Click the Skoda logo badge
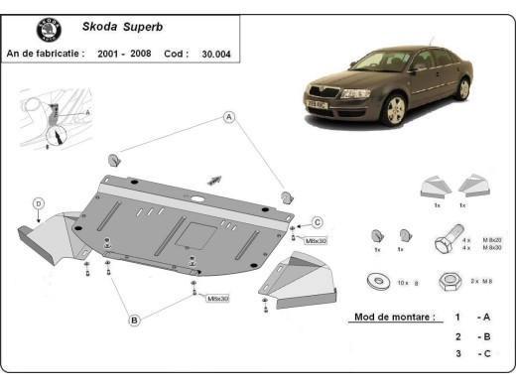click(48, 31)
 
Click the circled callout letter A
click(229, 118)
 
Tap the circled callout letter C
click(318, 221)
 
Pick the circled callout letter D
click(38, 204)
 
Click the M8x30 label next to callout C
click(315, 240)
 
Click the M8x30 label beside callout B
click(216, 299)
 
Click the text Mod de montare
click(393, 318)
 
